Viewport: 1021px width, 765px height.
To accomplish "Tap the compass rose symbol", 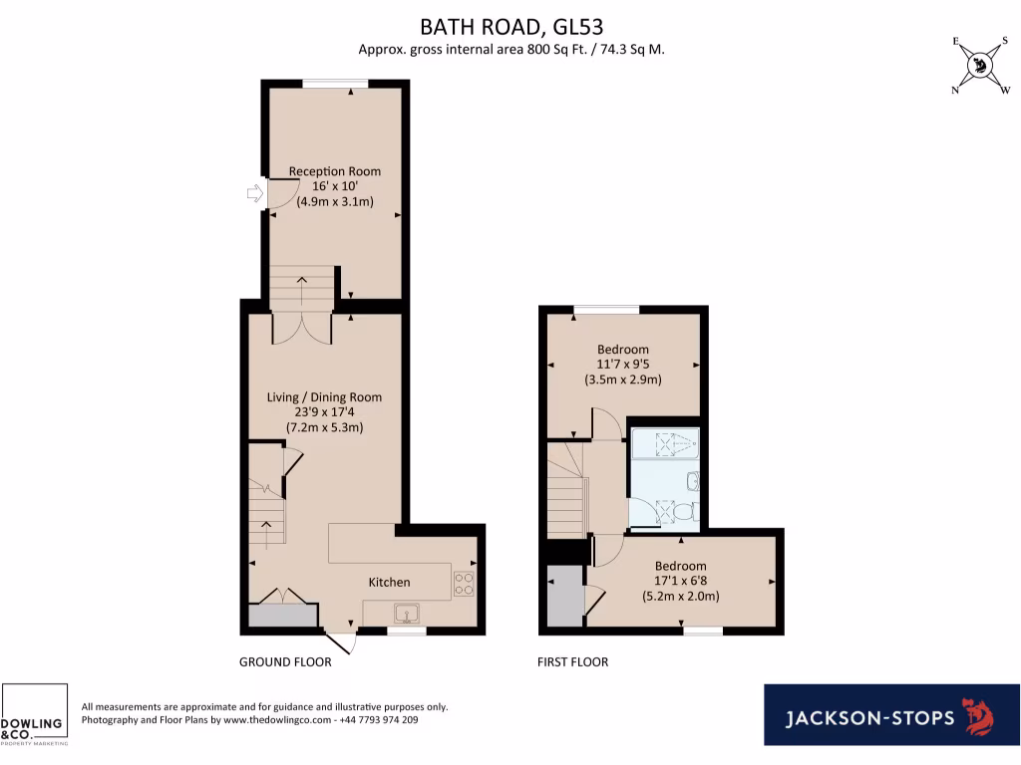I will tap(980, 66).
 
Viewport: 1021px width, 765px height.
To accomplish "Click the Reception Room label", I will tap(334, 171).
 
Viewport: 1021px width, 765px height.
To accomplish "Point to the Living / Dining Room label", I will tap(324, 397).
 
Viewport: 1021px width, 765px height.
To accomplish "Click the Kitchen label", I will tap(389, 582).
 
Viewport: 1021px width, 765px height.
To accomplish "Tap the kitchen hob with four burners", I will tap(464, 583).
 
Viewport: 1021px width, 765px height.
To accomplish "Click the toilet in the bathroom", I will tap(681, 511).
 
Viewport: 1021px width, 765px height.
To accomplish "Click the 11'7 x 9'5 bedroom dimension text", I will tap(622, 365).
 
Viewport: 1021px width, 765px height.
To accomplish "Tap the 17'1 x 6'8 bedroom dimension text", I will tap(680, 581).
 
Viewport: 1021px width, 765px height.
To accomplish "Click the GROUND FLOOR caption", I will tap(278, 662).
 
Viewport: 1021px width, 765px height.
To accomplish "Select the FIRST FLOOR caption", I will tap(572, 662).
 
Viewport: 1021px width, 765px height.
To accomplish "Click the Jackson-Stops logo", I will tap(891, 715).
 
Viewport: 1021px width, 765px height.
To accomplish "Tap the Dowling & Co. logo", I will tap(34, 715).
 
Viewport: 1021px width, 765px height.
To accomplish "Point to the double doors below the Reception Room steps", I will tap(302, 328).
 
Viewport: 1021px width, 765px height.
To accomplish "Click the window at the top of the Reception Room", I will tap(336, 84).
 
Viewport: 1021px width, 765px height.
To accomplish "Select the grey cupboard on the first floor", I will tap(564, 596).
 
